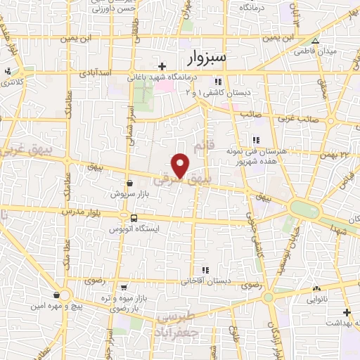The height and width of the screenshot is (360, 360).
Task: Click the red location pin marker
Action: coord(181,165)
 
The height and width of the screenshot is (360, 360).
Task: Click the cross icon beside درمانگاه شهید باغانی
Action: coord(162,66)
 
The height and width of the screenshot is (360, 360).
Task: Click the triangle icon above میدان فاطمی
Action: coord(315,41)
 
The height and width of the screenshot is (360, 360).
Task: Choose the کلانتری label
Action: coord(8,82)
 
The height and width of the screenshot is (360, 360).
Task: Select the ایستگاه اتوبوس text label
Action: coord(134,229)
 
